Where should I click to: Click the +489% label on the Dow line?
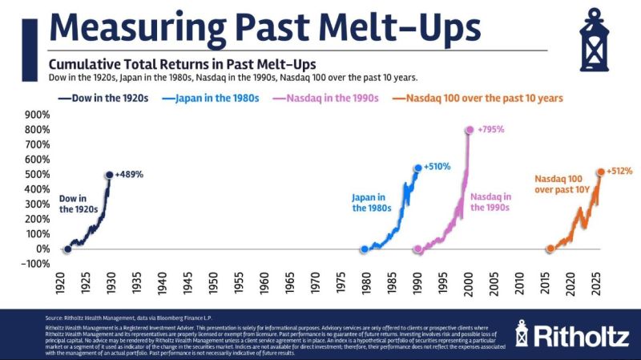coord(130,174)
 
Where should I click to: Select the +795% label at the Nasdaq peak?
coord(491,129)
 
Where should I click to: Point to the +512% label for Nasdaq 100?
coord(620,171)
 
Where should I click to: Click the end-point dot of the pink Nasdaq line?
coord(469,130)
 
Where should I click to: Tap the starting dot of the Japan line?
coord(365,249)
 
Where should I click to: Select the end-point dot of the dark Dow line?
coord(109,175)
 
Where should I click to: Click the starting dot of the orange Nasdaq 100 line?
coord(550,249)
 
